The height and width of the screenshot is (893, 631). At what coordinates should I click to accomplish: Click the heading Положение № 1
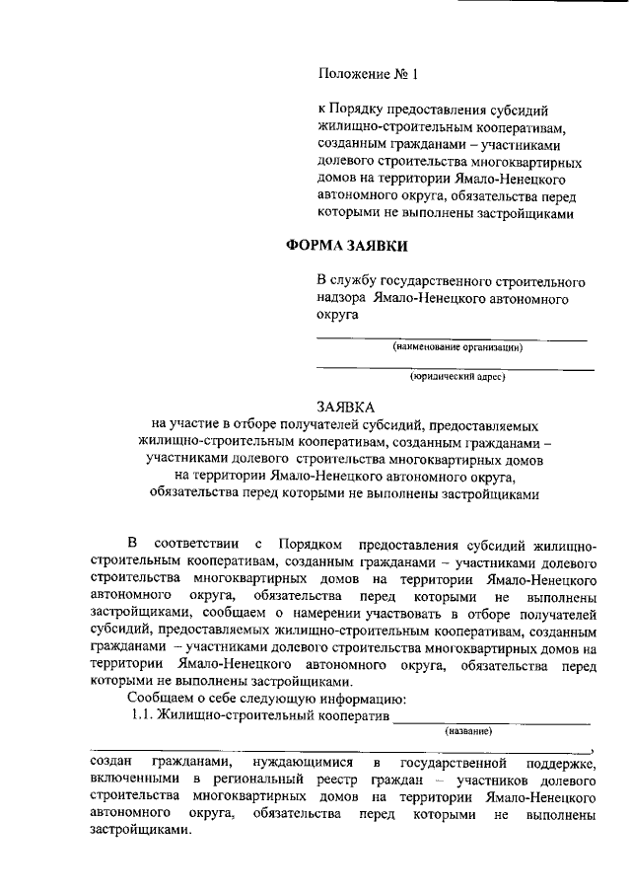click(369, 74)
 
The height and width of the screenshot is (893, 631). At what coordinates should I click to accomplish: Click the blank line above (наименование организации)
click(451, 338)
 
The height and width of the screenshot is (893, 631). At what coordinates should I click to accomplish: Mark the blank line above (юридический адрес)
click(455, 368)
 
